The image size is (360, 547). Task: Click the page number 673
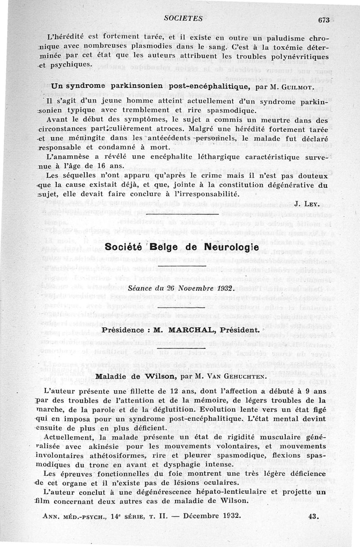(323, 19)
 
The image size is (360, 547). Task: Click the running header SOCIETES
(183, 18)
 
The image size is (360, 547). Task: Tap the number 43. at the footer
(314, 516)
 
